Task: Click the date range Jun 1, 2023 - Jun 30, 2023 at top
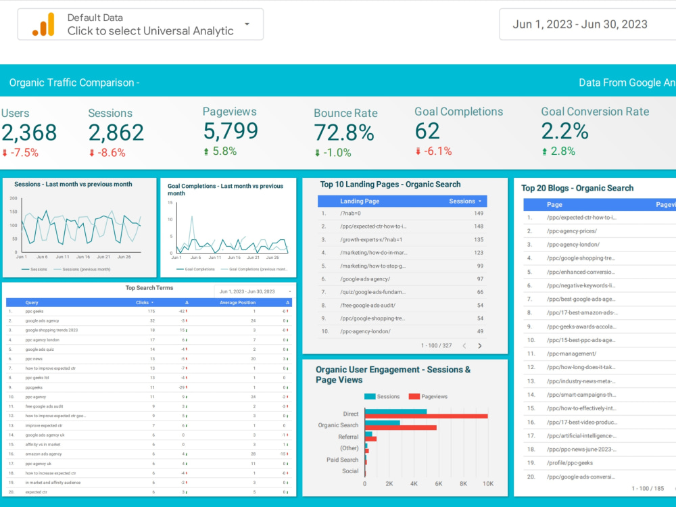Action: pos(580,24)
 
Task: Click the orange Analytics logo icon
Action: pos(43,24)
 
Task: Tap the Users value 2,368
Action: pos(28,132)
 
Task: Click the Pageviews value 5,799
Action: pos(231,130)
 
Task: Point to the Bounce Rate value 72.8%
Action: pos(344,132)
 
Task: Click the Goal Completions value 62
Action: pos(427,130)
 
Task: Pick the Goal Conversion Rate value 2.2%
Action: pos(565,130)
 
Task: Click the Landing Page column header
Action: pos(360,201)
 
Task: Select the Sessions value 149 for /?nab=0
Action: pos(478,214)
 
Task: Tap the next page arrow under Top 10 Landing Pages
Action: pos(480,345)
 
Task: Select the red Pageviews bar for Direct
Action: pos(426,416)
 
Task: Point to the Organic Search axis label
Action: pos(338,425)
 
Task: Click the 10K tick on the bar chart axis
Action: pos(487,484)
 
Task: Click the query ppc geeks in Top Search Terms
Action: pos(34,311)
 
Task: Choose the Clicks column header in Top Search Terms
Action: pos(142,303)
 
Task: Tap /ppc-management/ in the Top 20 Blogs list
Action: pos(571,354)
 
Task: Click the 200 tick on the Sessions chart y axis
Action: pos(13,199)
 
